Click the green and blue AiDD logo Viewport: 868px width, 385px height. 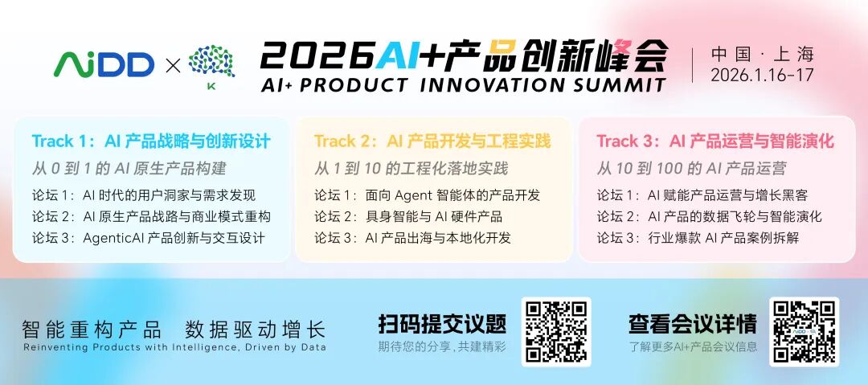[104, 65]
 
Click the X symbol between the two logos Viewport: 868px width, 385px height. [173, 66]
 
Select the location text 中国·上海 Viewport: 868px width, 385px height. [763, 55]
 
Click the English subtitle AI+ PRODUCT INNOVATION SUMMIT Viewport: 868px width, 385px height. [464, 84]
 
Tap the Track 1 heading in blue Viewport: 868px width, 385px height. [151, 141]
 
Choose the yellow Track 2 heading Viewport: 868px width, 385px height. [433, 141]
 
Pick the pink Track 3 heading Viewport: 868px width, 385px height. [715, 141]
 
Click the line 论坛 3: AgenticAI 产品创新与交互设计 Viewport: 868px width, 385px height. [149, 238]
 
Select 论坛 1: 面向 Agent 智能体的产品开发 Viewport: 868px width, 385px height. [428, 195]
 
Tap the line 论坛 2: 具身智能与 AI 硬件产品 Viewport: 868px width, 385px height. [408, 216]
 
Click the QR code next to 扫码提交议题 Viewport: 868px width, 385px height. [556, 331]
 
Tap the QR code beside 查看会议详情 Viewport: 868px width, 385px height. [805, 331]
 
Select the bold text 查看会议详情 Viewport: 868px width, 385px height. [693, 324]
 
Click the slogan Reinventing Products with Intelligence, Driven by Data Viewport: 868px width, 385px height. [175, 348]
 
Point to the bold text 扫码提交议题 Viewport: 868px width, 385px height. [442, 324]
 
